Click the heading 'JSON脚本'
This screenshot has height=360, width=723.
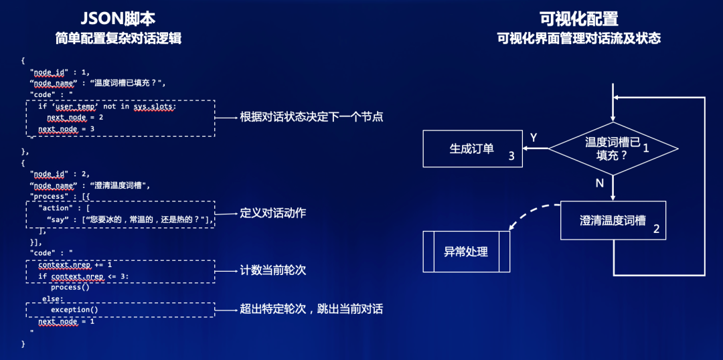coord(118,19)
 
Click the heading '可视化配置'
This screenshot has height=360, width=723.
coord(578,19)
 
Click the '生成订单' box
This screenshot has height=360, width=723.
coord(471,149)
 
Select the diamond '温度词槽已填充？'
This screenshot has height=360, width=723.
coord(612,149)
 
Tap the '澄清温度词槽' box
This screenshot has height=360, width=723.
coord(613,220)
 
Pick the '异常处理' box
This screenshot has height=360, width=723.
coord(466,252)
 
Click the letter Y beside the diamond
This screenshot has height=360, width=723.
coord(534,137)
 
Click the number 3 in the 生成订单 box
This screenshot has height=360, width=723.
coord(511,157)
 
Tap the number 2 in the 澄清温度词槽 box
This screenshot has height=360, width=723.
coord(656,229)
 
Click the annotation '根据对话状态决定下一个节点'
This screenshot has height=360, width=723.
coord(311,117)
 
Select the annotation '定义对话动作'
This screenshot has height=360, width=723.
coord(273,213)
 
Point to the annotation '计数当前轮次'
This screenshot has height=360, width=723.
coord(273,270)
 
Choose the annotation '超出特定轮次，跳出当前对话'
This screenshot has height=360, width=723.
coord(311,309)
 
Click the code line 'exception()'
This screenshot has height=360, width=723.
coord(74,310)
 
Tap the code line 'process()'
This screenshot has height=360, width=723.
coord(70,287)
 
